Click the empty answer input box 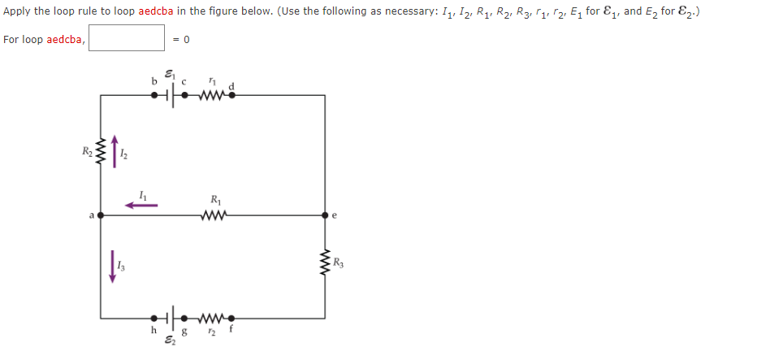point(127,38)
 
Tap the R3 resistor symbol point(325,262)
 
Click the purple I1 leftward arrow point(141,206)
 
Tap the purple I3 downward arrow point(113,266)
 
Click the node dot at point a point(101,216)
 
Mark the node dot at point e point(325,216)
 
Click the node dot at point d point(232,95)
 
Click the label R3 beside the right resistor point(339,262)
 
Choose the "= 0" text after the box point(184,39)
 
